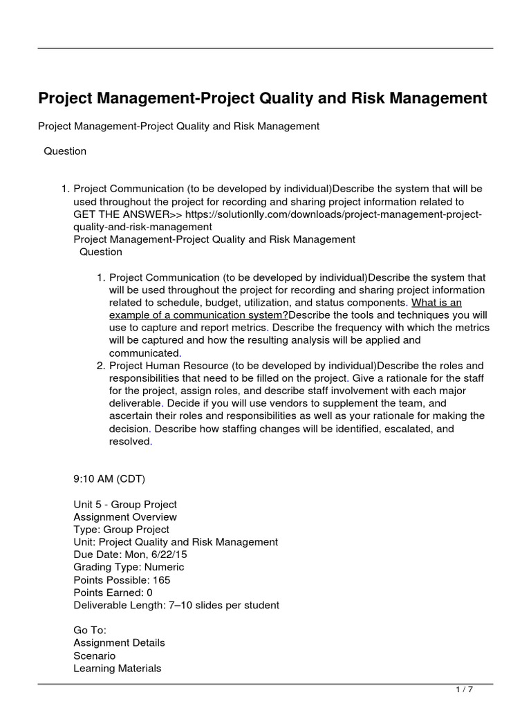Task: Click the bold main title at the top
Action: (262, 99)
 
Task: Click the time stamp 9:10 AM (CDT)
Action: (109, 478)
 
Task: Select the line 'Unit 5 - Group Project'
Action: (125, 504)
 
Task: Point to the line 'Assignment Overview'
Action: (125, 516)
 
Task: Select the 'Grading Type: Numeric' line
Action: (124, 567)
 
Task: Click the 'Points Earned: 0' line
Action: (113, 592)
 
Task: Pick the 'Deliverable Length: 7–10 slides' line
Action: (176, 605)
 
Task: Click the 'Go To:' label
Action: (90, 630)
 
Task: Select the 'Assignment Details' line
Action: (119, 642)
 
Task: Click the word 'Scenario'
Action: (95, 655)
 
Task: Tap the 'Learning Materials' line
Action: (118, 668)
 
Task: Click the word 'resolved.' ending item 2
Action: (131, 441)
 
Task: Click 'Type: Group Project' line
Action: (121, 529)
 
